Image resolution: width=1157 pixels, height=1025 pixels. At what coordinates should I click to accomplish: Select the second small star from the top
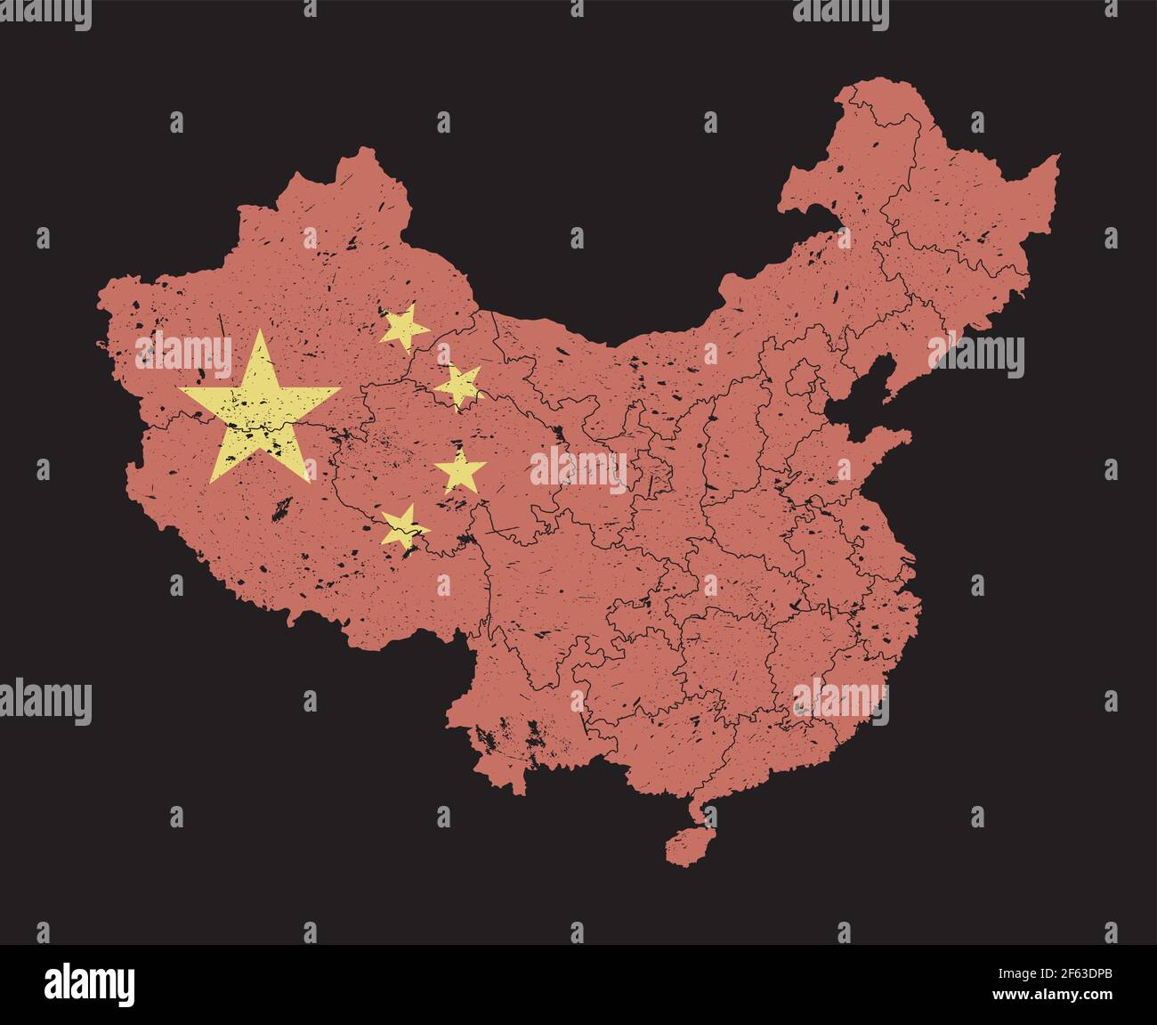point(459,386)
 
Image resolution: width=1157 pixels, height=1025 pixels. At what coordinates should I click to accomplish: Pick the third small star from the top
point(460,471)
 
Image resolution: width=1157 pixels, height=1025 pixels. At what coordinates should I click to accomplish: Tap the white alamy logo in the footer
point(90,985)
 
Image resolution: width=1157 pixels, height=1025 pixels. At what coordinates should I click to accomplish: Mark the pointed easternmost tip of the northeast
point(1058,157)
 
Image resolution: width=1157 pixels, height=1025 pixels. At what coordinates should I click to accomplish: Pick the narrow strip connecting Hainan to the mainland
point(698,811)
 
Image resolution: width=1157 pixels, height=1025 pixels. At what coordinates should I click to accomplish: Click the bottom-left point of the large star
point(212,481)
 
